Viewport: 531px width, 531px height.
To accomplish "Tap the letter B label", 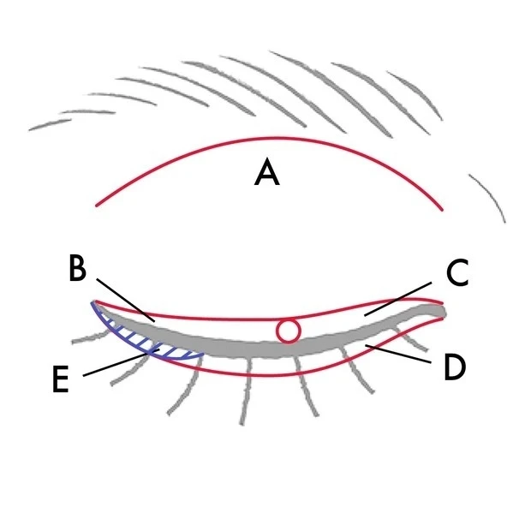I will pos(77,269).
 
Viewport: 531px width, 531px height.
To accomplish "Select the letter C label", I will pos(456,274).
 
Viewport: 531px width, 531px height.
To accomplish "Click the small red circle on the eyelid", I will pos(289,331).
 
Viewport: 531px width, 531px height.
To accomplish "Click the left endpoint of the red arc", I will pos(97,206).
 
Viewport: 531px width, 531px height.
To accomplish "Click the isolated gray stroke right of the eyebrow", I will pos(490,197).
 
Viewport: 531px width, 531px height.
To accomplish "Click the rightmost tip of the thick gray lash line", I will pos(444,309).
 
